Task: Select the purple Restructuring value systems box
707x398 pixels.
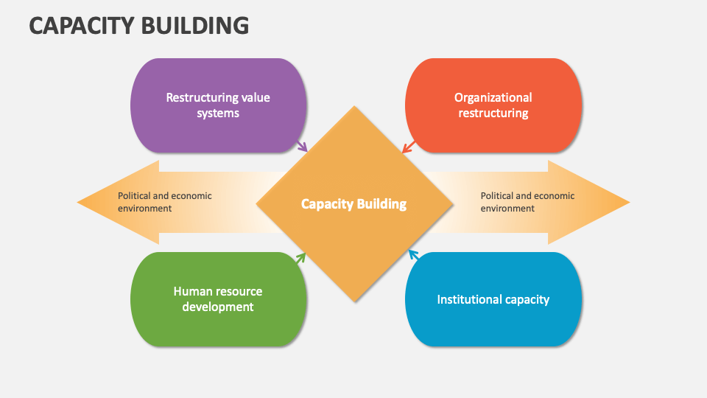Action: click(218, 105)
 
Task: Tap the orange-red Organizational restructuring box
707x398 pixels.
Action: click(493, 105)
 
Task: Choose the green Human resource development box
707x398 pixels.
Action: click(218, 299)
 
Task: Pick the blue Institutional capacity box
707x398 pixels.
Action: click(493, 299)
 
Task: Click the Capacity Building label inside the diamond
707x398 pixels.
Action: click(353, 204)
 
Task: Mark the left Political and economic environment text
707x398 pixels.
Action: click(165, 202)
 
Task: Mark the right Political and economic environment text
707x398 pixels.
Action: click(527, 202)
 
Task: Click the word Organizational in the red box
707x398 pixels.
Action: click(493, 97)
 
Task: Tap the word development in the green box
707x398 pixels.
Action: click(218, 307)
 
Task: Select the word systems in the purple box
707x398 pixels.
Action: click(218, 114)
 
